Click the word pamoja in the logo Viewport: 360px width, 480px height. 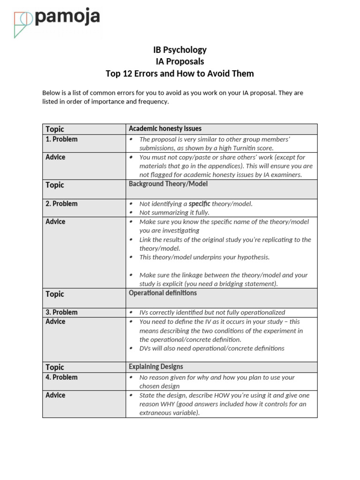(67, 17)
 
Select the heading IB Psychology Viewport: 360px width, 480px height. (180, 50)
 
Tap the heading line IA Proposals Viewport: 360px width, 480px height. (180, 61)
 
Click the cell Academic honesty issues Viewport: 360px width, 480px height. (165, 128)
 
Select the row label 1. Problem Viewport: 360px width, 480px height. (61, 139)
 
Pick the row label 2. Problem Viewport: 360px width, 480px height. (61, 204)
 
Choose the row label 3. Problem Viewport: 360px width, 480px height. (61, 312)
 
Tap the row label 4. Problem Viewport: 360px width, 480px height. (61, 377)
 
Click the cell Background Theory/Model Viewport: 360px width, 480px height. (168, 184)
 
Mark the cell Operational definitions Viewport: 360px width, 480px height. (163, 293)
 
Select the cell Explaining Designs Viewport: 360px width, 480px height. (156, 367)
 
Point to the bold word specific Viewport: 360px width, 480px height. (199, 204)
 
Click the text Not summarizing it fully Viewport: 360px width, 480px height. (174, 212)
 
